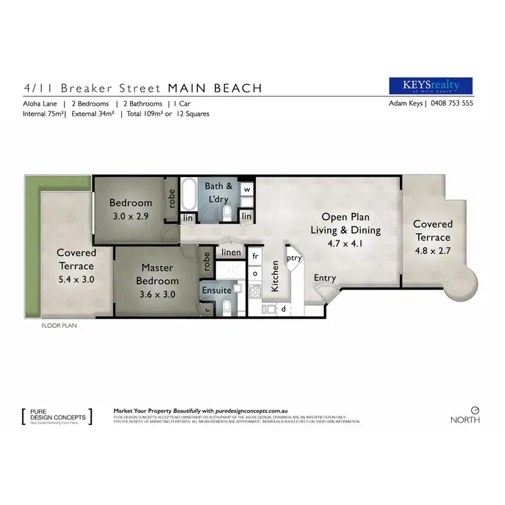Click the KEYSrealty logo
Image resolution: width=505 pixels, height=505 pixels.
431,86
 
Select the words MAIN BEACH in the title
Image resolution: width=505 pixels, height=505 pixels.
215,88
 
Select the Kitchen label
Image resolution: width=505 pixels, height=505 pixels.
275,276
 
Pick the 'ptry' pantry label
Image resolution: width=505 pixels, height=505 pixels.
293,257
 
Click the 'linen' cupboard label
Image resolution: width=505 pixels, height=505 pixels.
230,252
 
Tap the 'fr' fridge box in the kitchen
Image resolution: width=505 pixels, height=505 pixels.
255,257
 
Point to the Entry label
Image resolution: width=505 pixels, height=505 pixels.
325,277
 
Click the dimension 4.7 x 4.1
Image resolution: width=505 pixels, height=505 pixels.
345,244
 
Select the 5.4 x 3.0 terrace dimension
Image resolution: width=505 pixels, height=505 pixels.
76,279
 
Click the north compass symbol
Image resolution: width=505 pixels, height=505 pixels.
475,409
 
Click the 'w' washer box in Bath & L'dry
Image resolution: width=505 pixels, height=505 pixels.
246,190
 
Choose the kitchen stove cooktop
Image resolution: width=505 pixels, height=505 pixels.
255,292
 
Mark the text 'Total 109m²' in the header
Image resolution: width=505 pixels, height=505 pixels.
143,114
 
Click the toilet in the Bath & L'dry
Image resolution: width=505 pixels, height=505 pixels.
227,212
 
